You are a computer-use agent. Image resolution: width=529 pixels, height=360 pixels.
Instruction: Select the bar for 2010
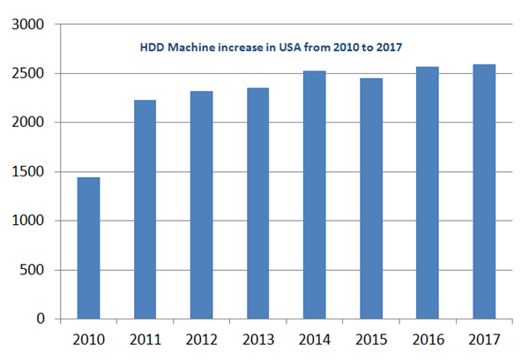pos(88,248)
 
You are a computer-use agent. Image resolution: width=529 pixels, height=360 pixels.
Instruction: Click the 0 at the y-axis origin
pos(41,319)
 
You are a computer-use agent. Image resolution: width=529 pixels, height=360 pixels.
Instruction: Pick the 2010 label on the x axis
pos(88,340)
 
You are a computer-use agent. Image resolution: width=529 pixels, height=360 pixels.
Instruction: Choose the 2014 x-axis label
pos(314,340)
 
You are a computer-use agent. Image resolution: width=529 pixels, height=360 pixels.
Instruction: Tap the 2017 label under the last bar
pos(483,340)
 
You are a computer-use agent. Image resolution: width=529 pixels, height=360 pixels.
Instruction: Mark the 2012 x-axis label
pos(201,340)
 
